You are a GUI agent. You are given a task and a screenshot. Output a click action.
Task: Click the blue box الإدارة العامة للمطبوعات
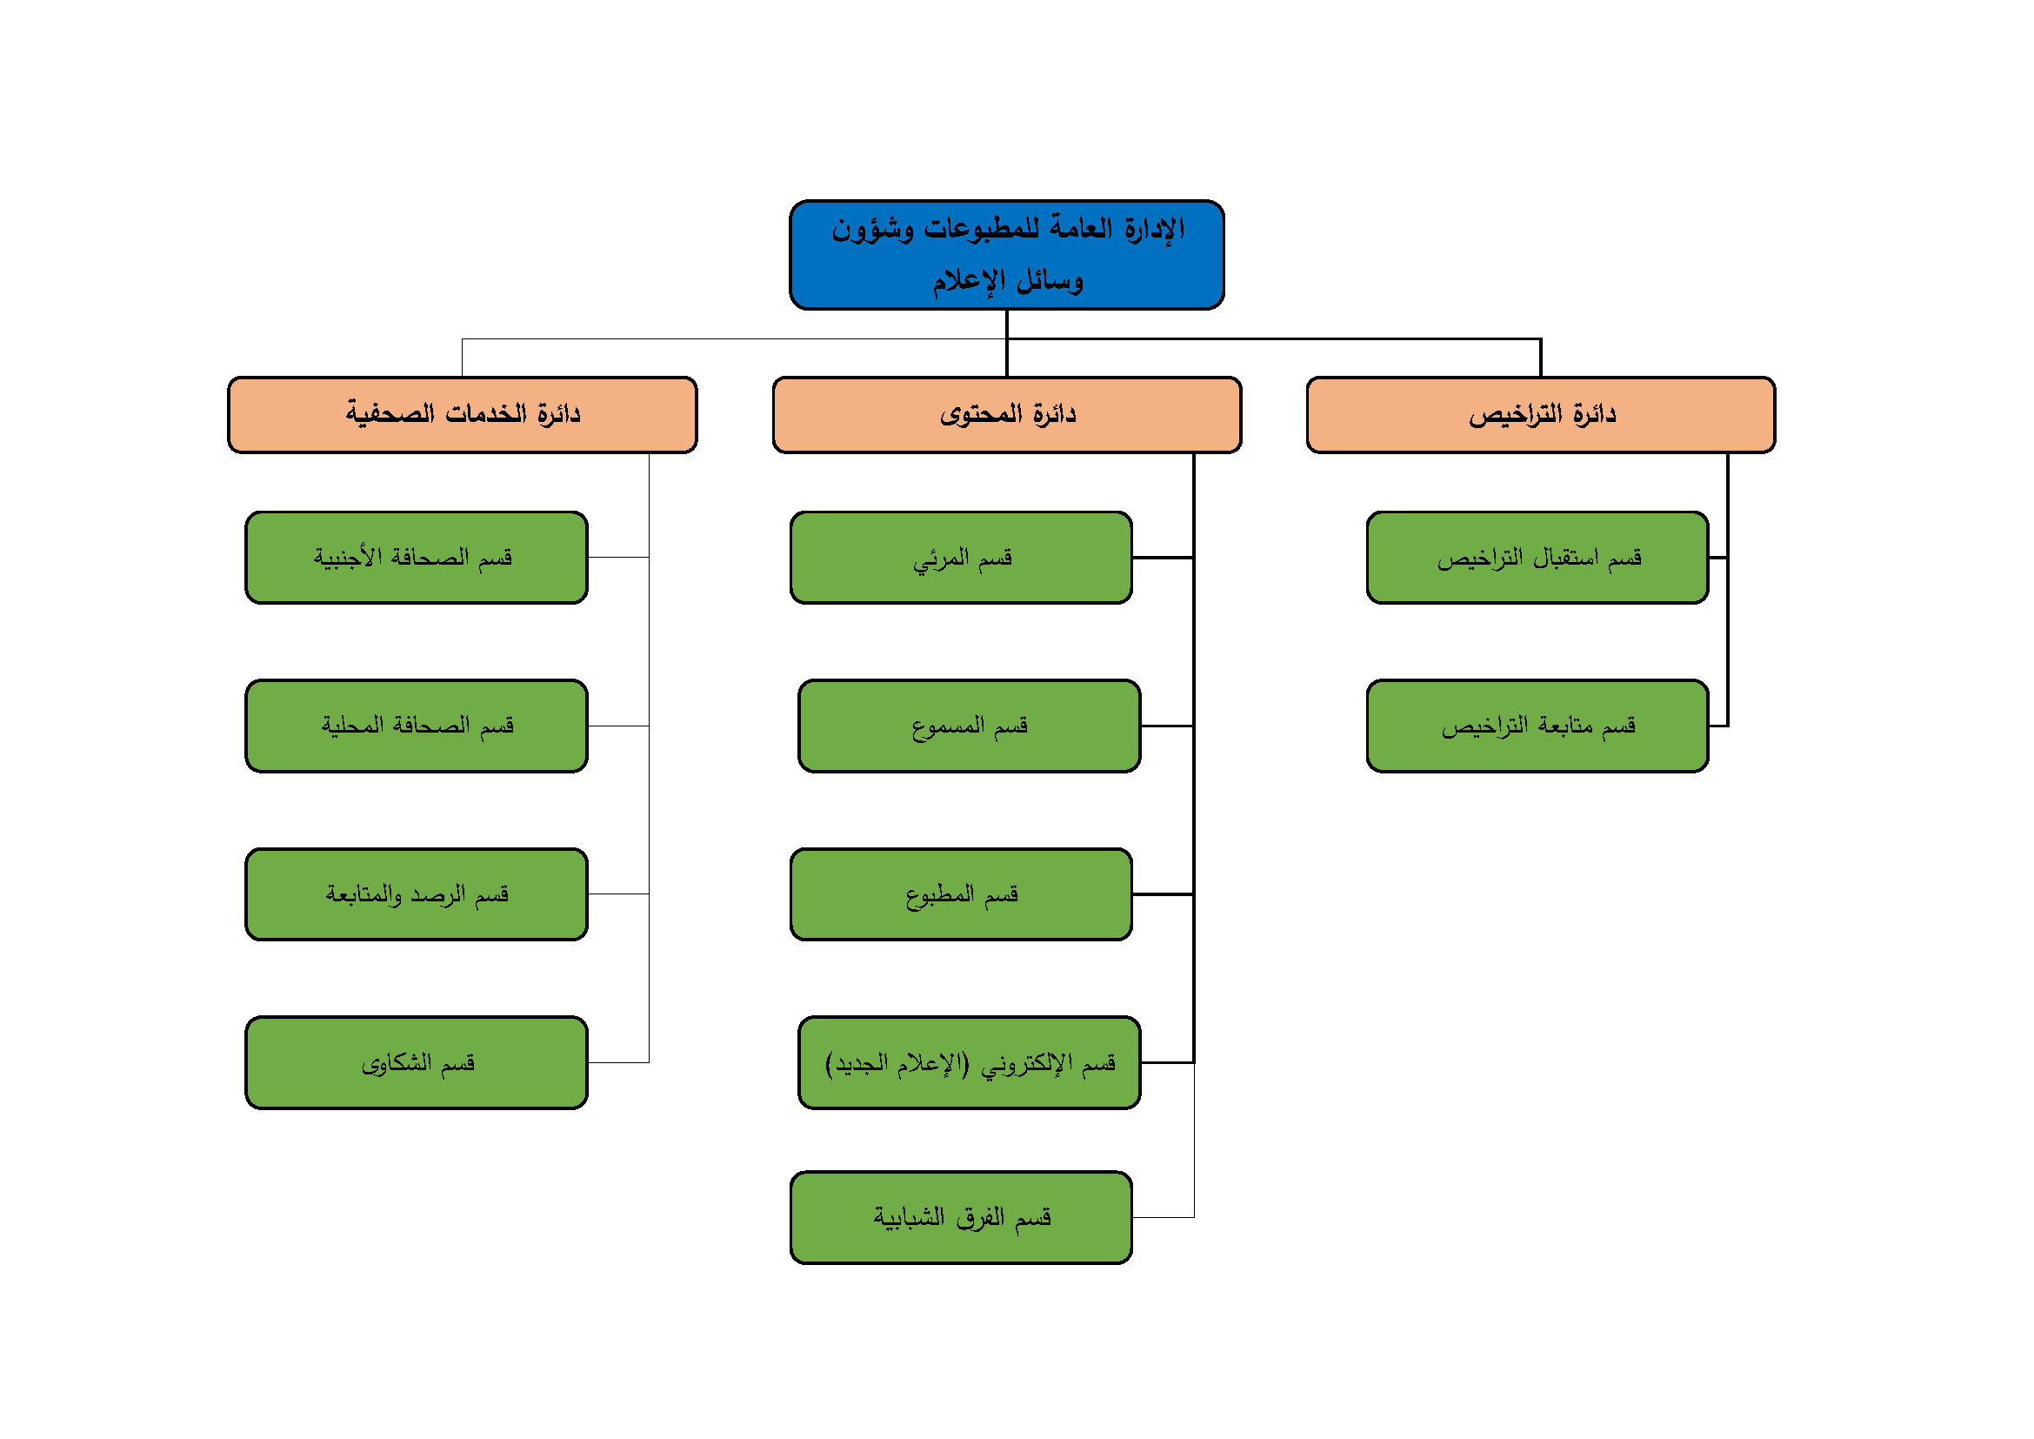click(x=1006, y=255)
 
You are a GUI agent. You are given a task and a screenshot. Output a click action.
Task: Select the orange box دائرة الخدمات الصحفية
click(x=462, y=415)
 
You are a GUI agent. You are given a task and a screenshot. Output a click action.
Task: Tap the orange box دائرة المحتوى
click(x=1006, y=415)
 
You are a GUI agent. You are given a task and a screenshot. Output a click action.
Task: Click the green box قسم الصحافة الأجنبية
click(x=417, y=558)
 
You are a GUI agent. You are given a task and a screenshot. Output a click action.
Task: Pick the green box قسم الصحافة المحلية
click(x=417, y=726)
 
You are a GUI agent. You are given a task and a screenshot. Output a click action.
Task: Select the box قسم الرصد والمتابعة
click(x=417, y=894)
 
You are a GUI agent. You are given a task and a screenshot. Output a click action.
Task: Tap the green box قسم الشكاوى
click(x=417, y=1062)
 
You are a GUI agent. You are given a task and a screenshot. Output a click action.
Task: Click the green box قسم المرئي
click(x=961, y=558)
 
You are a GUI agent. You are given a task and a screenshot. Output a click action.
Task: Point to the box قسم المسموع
click(x=969, y=726)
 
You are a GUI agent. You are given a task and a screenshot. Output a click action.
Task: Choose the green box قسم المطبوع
click(x=961, y=894)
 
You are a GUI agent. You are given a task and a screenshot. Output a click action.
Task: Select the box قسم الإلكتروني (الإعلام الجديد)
click(x=969, y=1062)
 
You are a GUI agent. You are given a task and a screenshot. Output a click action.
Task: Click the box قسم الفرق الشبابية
click(x=961, y=1217)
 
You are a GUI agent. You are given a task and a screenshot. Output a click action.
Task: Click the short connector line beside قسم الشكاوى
click(x=618, y=1062)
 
